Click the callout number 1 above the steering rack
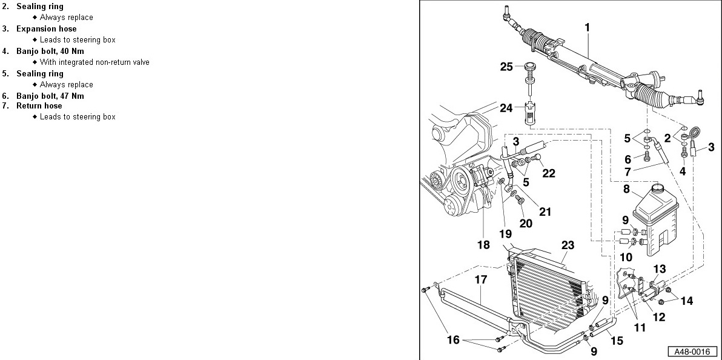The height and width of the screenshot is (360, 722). [x=587, y=27]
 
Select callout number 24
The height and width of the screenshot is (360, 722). [x=507, y=108]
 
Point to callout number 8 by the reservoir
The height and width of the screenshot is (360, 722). [x=627, y=188]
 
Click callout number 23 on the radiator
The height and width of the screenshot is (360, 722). [x=567, y=245]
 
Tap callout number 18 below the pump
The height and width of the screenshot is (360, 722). [x=483, y=245]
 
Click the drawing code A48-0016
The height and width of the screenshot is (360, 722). [x=692, y=351]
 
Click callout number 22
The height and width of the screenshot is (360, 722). [x=549, y=173]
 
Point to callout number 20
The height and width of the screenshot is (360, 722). [x=526, y=223]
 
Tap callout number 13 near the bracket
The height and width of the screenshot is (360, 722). [x=660, y=269]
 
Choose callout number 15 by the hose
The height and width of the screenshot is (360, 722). [x=617, y=341]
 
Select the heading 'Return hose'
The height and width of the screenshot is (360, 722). [x=39, y=106]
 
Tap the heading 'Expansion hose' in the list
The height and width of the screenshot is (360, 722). [x=46, y=28]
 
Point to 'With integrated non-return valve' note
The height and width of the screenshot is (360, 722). [x=94, y=62]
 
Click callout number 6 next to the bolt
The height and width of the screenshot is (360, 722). [x=628, y=159]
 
